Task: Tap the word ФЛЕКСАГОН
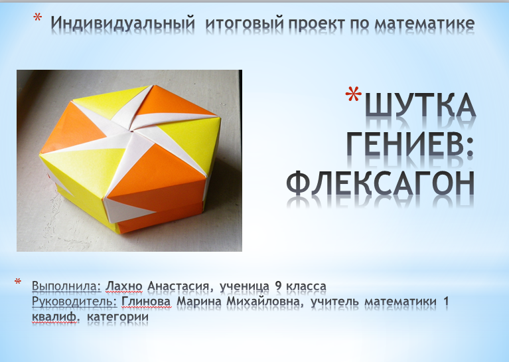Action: (380, 183)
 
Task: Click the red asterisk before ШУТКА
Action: (354, 94)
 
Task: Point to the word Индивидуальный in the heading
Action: (123, 23)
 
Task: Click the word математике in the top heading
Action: (425, 23)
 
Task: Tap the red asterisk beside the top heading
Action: (38, 17)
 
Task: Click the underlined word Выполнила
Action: (66, 286)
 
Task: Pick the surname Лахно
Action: (124, 286)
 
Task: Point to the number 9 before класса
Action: (278, 286)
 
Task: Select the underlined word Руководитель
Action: (74, 302)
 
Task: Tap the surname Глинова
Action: (146, 302)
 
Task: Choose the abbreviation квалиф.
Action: (56, 317)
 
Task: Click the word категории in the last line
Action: (118, 317)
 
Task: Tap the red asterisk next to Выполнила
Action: (17, 282)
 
